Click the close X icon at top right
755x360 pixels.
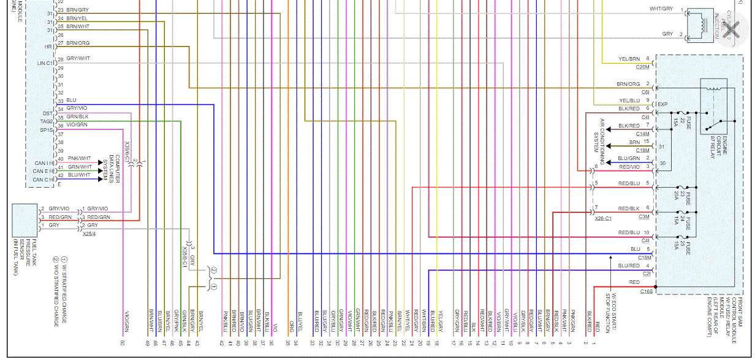point(729,33)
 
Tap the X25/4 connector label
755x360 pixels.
point(89,233)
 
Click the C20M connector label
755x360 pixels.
point(642,66)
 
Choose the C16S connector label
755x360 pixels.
point(646,291)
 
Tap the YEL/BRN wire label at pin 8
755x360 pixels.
point(629,59)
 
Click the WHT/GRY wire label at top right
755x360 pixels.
point(661,9)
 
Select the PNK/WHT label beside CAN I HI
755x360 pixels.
point(79,158)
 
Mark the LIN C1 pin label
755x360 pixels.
point(45,63)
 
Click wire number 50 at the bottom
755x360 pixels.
point(123,342)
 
